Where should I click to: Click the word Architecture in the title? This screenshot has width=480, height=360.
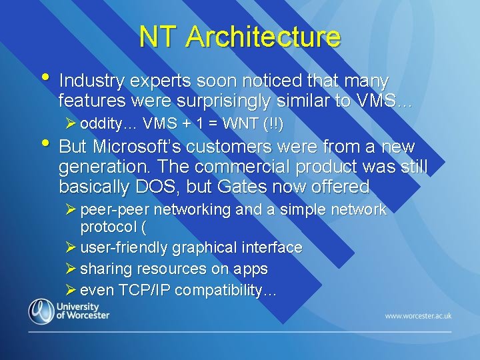(x=263, y=37)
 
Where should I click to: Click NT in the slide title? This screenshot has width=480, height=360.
(x=159, y=37)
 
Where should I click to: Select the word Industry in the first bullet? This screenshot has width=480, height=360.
(x=92, y=81)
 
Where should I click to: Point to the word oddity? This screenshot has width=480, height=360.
(x=103, y=123)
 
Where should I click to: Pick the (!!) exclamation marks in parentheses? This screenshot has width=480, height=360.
(x=273, y=123)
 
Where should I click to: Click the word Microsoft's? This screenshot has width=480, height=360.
(x=137, y=147)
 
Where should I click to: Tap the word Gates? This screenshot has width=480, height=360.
(x=251, y=186)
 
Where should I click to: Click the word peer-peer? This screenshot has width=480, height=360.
(x=109, y=209)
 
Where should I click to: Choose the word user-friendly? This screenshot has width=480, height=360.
(x=124, y=247)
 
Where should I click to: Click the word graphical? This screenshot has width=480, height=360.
(x=205, y=247)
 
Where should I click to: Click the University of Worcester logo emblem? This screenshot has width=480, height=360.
(x=41, y=311)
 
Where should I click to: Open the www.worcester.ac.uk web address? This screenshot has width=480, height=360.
(x=418, y=315)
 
